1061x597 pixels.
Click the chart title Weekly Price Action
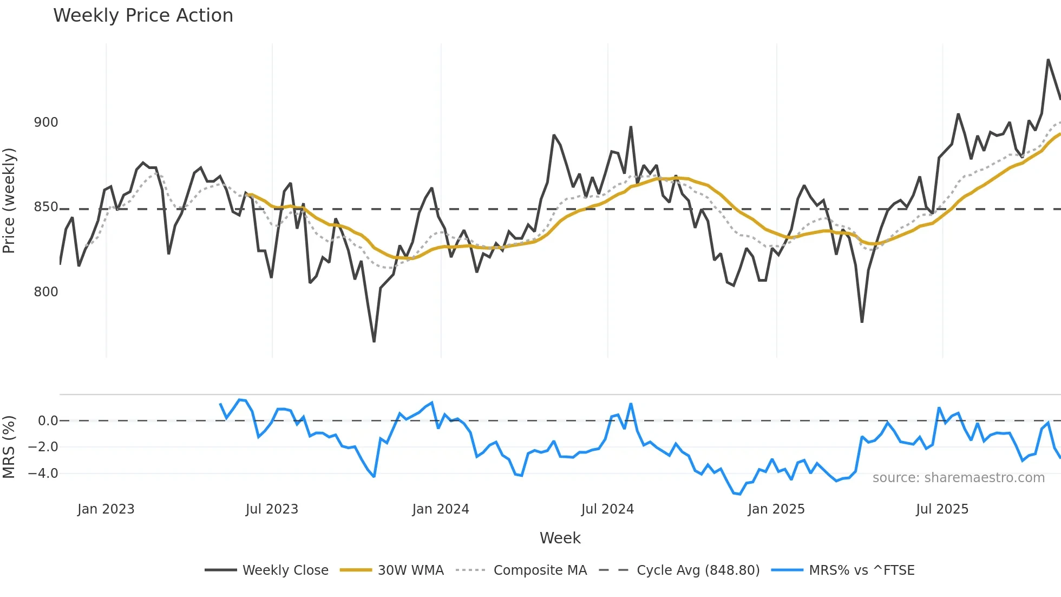pos(143,16)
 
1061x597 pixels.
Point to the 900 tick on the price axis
pos(46,122)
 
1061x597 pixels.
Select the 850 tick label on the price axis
pos(46,207)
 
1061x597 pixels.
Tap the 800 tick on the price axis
pos(46,292)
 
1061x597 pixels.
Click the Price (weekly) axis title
pos(9,200)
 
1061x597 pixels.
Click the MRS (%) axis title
pos(9,447)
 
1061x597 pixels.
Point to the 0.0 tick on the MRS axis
pos(48,421)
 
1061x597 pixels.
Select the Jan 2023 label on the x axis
pos(106,509)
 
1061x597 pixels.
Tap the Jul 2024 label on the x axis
pos(607,509)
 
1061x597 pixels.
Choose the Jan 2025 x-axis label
pos(776,509)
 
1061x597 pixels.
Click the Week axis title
pos(560,538)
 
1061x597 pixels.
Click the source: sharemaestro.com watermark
pos(958,478)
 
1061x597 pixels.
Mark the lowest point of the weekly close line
pos(374,341)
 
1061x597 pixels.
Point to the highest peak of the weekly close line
pos(1049,60)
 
